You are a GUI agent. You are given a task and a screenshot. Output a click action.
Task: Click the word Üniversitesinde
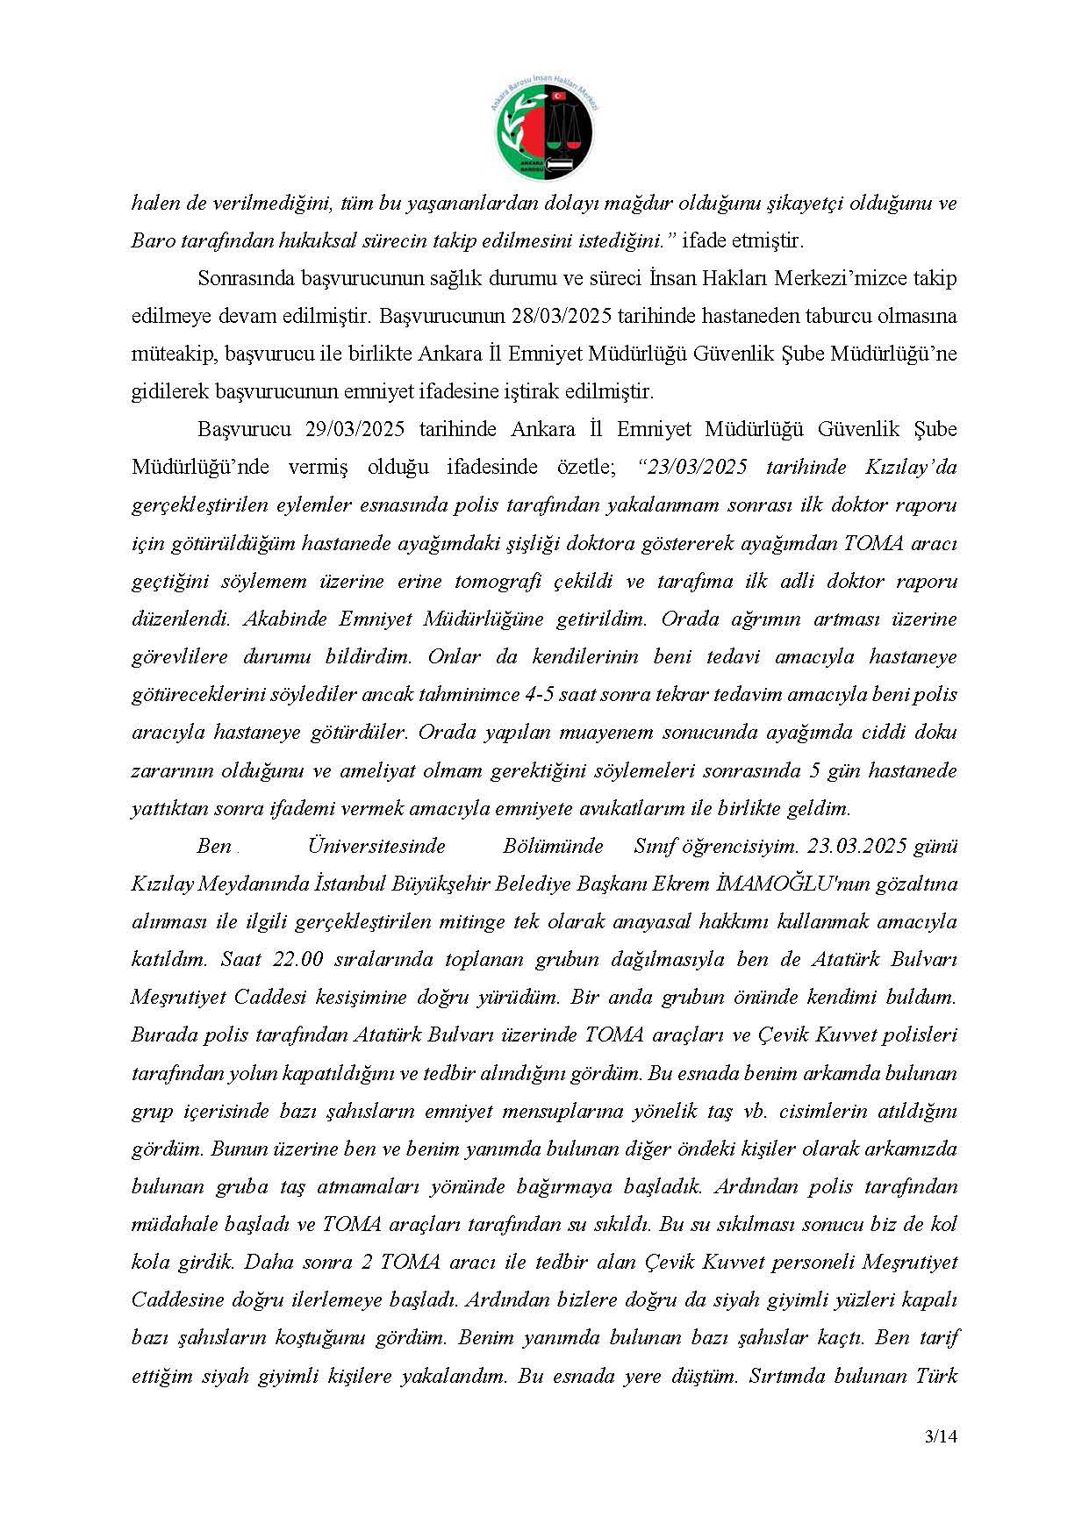(x=376, y=847)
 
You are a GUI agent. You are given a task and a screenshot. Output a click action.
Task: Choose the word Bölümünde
(x=553, y=847)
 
